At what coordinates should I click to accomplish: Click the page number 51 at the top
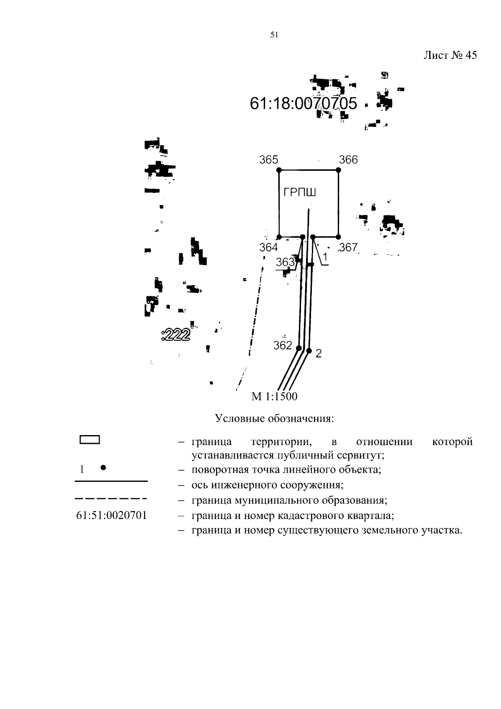click(x=274, y=35)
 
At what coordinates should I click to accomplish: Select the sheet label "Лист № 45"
click(x=450, y=56)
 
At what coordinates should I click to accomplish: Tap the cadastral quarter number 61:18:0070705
click(x=304, y=103)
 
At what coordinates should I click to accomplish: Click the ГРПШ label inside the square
click(x=300, y=192)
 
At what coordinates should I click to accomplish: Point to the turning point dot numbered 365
click(x=279, y=170)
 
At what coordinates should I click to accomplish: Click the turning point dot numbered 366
click(x=338, y=170)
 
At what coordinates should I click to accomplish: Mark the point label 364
click(x=268, y=248)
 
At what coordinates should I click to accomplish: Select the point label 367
click(x=349, y=248)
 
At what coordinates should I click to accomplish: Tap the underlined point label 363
click(x=285, y=262)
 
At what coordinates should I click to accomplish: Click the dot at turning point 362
click(x=299, y=348)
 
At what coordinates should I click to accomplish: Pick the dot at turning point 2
click(x=309, y=351)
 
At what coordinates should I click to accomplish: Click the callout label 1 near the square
click(x=325, y=258)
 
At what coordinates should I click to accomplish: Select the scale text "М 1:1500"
click(x=274, y=396)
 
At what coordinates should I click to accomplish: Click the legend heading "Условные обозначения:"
click(x=274, y=418)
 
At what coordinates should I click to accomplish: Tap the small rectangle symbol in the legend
click(x=89, y=439)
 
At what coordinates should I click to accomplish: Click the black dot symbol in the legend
click(x=104, y=468)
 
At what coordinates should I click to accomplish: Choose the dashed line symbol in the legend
click(x=111, y=499)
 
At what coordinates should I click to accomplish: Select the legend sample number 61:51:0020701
click(x=111, y=515)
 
